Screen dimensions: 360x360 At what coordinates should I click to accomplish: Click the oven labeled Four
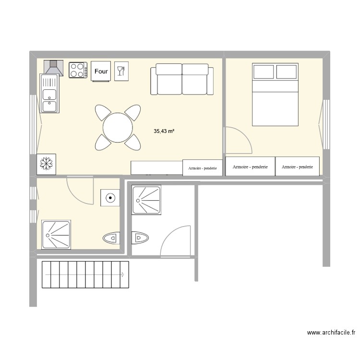click(101, 72)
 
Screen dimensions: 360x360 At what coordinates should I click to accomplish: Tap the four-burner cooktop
click(78, 70)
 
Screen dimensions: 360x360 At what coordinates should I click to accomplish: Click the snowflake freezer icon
click(47, 164)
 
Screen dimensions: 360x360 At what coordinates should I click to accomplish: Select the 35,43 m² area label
click(164, 131)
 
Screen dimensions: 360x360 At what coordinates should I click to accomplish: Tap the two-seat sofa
click(182, 80)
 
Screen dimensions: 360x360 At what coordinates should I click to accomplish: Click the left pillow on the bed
click(263, 72)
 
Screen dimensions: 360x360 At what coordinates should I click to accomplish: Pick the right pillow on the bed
click(287, 72)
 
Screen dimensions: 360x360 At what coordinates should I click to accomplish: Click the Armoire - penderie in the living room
click(203, 168)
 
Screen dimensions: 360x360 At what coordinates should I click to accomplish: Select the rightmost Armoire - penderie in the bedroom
click(297, 167)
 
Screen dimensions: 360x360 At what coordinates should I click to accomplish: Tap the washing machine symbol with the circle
click(110, 197)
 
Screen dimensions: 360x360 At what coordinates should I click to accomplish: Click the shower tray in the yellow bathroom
click(57, 234)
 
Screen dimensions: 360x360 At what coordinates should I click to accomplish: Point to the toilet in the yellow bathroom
click(111, 238)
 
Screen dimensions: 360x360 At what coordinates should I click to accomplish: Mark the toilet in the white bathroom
click(140, 238)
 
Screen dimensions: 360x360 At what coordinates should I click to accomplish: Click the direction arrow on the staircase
click(123, 275)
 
